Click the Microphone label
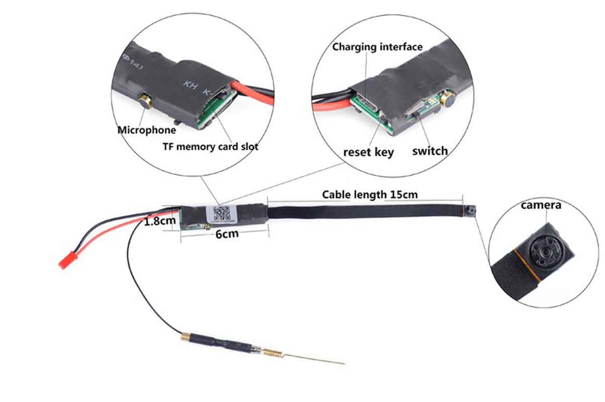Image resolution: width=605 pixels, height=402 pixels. click(147, 130)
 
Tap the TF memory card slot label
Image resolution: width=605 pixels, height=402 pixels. click(210, 147)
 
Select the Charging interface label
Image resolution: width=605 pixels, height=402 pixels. click(378, 47)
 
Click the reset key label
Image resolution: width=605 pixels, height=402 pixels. click(369, 152)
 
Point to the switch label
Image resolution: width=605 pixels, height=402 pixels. click(430, 150)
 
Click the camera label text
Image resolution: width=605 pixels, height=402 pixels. click(541, 205)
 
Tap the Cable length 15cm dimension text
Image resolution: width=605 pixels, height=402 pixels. click(370, 194)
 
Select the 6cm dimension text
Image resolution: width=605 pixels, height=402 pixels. click(226, 234)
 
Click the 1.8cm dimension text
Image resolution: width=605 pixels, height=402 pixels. click(160, 221)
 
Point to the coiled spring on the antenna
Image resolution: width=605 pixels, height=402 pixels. click(272, 353)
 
